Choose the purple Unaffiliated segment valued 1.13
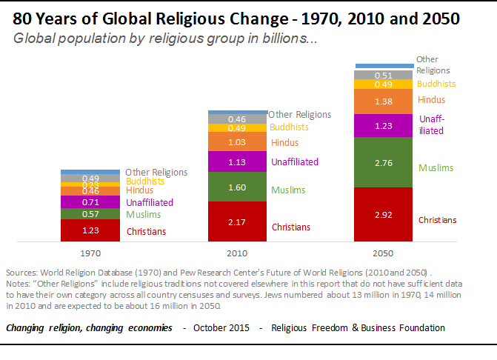(x=236, y=161)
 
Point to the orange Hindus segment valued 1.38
(x=384, y=101)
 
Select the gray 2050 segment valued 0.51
(x=384, y=75)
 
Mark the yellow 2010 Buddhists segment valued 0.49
(x=236, y=128)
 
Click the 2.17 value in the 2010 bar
(x=236, y=221)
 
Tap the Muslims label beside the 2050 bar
(x=436, y=168)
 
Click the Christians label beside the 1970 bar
(x=146, y=232)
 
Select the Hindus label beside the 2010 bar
(x=284, y=142)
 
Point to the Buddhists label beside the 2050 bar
(x=436, y=84)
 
